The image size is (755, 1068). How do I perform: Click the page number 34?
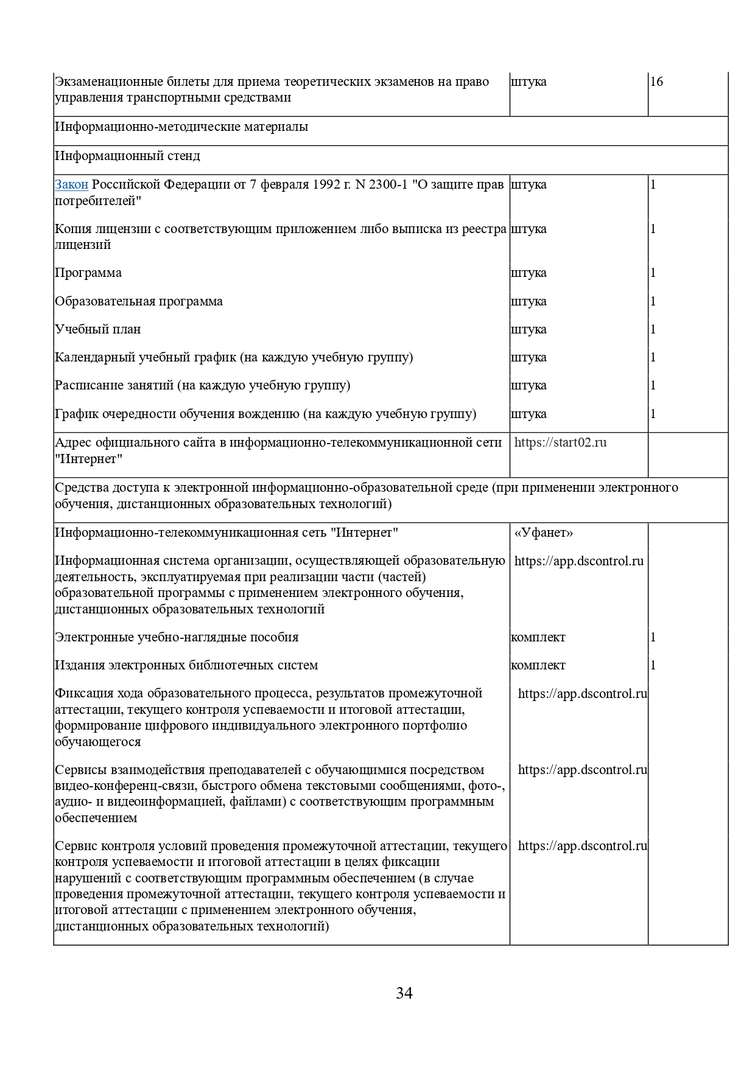coord(404,993)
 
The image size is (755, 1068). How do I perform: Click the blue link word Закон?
coord(71,184)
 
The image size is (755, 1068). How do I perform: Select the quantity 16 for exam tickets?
coord(656,82)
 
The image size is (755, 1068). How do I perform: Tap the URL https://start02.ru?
coord(560,442)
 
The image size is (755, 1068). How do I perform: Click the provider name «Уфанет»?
coord(544,532)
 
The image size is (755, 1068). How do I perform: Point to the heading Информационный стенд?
coord(127,156)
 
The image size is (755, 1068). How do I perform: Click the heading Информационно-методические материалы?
coord(181,127)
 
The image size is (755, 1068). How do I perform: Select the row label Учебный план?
coord(98,329)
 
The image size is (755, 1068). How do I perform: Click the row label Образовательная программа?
coord(139,301)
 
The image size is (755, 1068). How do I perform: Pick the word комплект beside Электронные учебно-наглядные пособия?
coord(538,637)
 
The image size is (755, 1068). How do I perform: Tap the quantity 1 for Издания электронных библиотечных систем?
coord(653,665)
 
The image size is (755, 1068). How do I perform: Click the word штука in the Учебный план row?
coord(528,329)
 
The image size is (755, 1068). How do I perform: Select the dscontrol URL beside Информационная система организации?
coord(578,561)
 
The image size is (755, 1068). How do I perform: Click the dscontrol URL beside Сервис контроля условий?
coord(582,846)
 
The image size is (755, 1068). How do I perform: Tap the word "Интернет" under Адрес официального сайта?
coord(88,459)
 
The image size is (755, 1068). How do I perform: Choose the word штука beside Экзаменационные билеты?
coord(528,82)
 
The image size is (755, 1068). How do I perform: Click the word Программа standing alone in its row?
coord(88,273)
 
